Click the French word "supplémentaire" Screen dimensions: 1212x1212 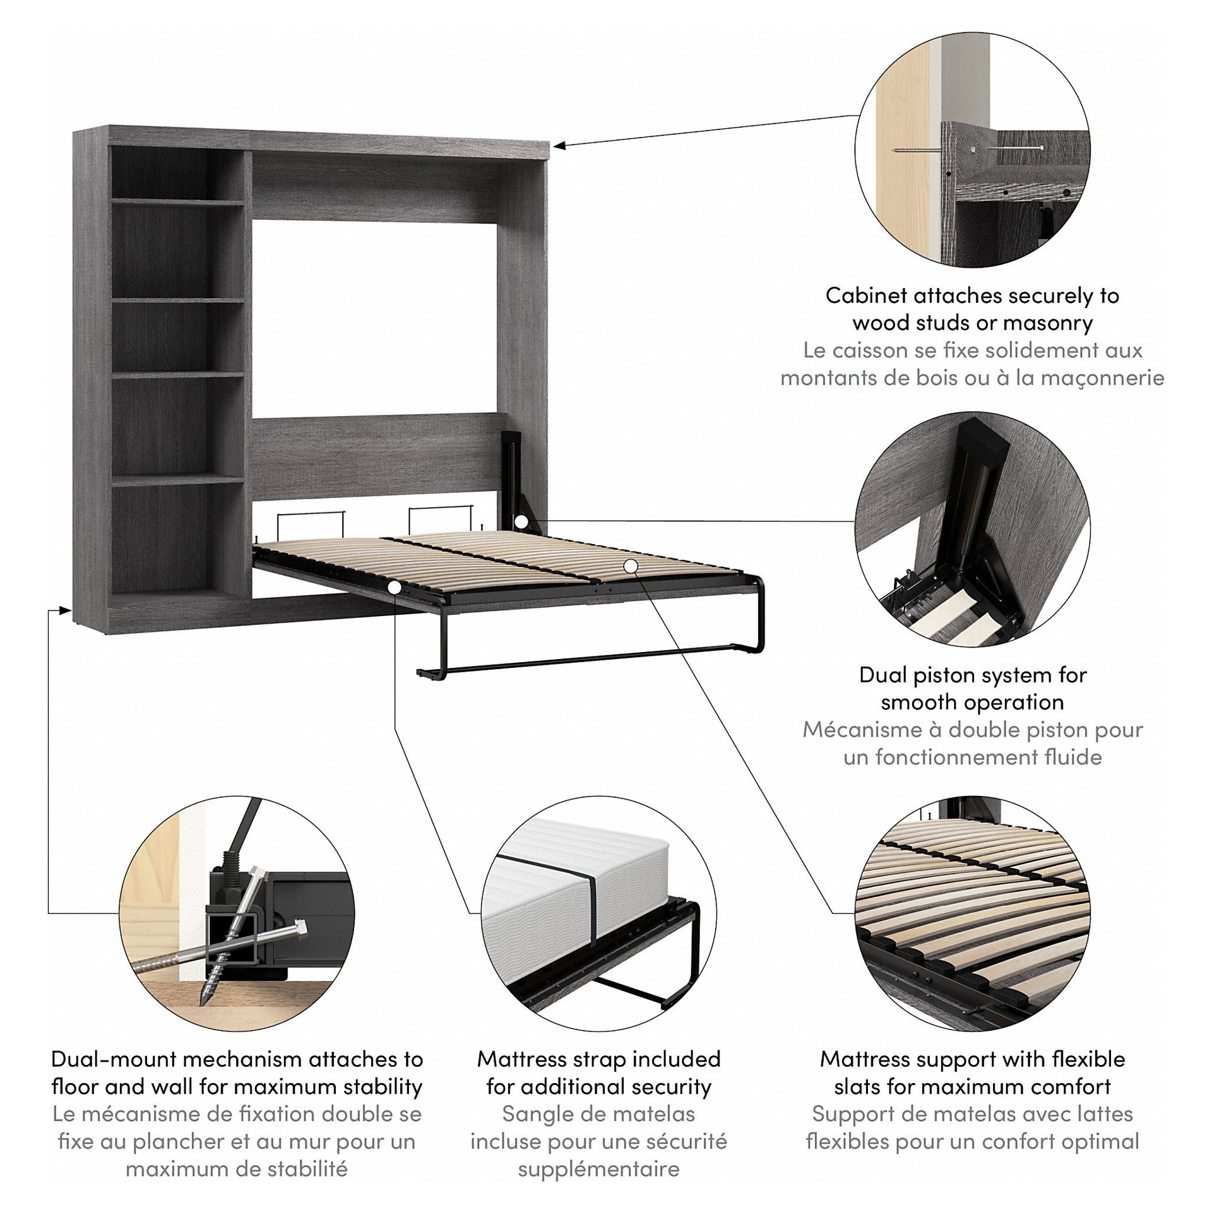pyautogui.click(x=598, y=1169)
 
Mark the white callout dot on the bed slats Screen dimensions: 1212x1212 pyautogui.click(x=629, y=566)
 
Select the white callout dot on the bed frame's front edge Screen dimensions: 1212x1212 pyautogui.click(x=395, y=587)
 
